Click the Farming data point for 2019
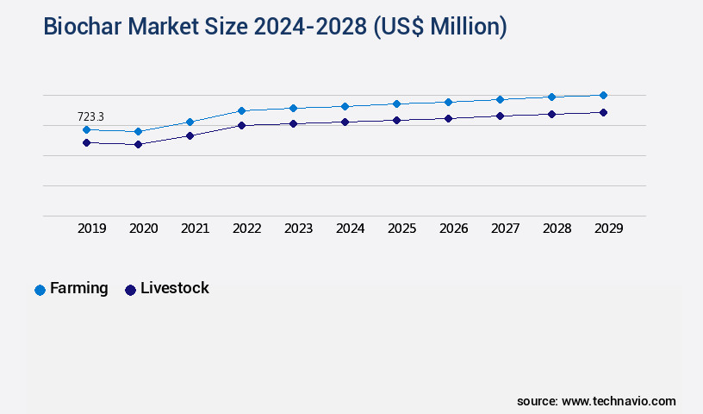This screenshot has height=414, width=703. (86, 129)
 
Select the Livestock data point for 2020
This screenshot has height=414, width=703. (138, 144)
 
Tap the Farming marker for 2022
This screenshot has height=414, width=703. (241, 110)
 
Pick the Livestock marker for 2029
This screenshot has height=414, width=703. (603, 112)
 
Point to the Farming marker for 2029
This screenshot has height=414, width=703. (603, 95)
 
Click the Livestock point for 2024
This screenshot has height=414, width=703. (345, 122)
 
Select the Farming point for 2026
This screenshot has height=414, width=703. (448, 102)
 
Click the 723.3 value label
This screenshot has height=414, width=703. (90, 116)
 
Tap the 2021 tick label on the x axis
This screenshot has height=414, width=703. (195, 229)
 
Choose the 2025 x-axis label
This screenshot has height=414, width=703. (401, 229)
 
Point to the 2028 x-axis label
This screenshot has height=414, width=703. (557, 229)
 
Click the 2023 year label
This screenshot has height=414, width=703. (298, 229)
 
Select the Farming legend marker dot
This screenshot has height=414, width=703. (40, 290)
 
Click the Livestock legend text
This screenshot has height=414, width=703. (175, 288)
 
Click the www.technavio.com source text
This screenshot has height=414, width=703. (619, 401)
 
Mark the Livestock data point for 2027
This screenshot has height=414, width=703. (500, 116)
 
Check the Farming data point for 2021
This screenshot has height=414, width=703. (190, 122)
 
